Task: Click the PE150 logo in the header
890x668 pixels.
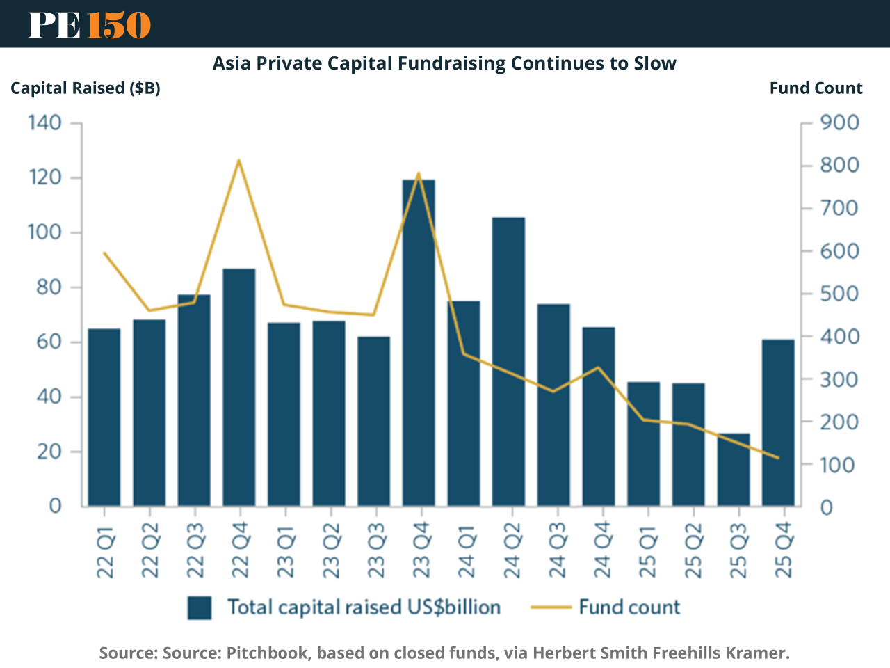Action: click(x=89, y=24)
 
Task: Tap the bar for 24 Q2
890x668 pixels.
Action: click(x=508, y=362)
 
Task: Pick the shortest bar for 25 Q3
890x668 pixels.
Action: click(x=734, y=470)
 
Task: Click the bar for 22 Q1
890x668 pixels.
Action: click(x=104, y=417)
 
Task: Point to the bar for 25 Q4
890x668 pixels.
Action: click(x=778, y=422)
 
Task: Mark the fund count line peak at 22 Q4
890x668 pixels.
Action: click(x=238, y=161)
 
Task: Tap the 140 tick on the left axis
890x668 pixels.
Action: click(x=45, y=123)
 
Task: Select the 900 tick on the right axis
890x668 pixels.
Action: click(x=839, y=123)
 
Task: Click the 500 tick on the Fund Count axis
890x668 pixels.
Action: click(x=839, y=294)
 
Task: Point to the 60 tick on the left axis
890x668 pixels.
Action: click(x=45, y=342)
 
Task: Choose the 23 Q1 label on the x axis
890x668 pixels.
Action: click(x=285, y=551)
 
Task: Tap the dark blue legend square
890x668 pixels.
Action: click(x=200, y=607)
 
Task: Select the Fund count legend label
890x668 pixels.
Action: click(x=629, y=607)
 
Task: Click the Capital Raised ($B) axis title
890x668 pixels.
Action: click(x=86, y=88)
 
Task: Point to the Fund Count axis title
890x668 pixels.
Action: click(x=816, y=88)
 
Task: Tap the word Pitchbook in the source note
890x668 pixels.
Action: click(x=268, y=653)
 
